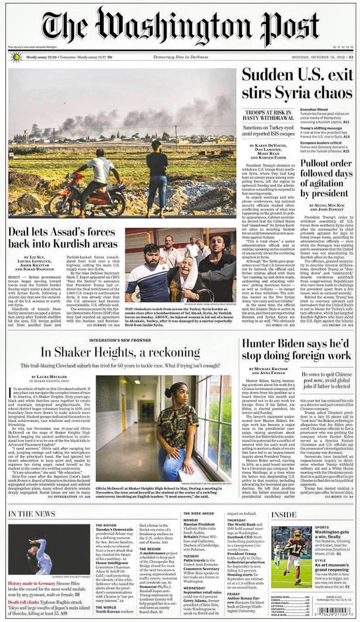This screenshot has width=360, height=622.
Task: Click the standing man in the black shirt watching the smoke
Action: tap(157, 176)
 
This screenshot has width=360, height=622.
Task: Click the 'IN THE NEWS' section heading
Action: tap(32, 514)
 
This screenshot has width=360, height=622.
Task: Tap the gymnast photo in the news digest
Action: tap(49, 549)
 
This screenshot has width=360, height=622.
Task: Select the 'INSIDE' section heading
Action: tap(284, 514)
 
